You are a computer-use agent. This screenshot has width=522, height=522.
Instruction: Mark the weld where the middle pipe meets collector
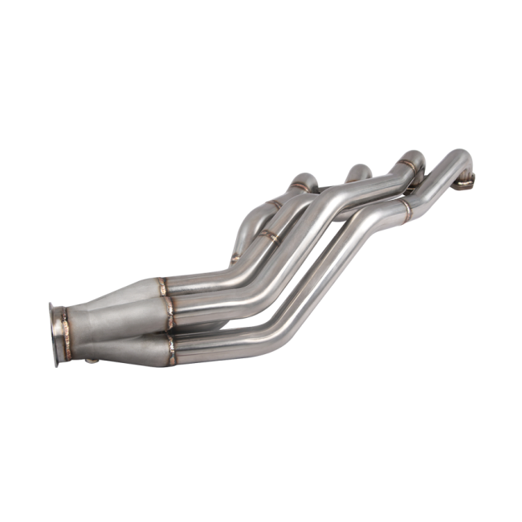170,308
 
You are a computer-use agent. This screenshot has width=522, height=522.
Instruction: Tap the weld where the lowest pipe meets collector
170,345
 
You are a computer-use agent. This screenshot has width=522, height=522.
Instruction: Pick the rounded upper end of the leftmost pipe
304,177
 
